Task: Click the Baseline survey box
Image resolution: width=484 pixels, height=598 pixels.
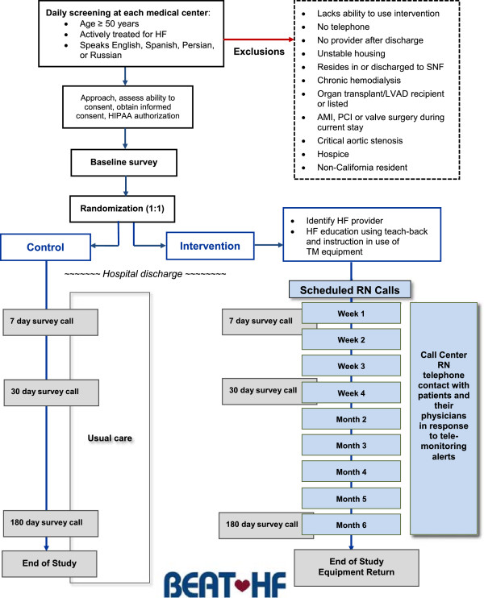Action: tap(124, 163)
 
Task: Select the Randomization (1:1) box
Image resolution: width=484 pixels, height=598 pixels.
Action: tap(122, 209)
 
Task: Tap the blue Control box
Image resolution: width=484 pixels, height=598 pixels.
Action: tap(45, 247)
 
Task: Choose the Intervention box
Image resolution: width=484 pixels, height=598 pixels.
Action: tap(210, 246)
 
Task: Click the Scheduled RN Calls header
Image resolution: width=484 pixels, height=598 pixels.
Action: tap(349, 290)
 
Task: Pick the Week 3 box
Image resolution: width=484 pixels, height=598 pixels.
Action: tap(351, 366)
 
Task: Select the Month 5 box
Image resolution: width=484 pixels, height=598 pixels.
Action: tap(351, 499)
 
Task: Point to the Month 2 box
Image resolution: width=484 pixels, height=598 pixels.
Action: tap(351, 420)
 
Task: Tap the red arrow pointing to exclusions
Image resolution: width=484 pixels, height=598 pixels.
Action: tap(259, 39)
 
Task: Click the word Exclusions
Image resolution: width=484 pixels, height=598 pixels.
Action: tap(259, 52)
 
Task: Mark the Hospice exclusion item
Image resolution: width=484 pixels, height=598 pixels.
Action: tap(333, 154)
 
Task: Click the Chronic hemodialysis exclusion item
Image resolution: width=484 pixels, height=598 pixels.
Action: tap(359, 80)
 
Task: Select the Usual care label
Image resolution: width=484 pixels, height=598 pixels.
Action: tap(110, 438)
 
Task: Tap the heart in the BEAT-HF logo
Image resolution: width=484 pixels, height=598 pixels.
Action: tap(242, 583)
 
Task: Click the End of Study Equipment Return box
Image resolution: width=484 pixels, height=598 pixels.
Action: tap(357, 567)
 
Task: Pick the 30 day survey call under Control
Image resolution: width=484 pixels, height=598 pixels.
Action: tap(51, 392)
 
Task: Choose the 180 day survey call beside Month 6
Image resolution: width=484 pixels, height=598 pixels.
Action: tap(262, 525)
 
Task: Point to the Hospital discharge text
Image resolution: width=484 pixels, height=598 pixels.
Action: tap(145, 274)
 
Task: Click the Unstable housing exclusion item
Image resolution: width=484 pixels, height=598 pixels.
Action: tap(351, 53)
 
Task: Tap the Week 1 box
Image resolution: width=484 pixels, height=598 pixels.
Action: tap(351, 314)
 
